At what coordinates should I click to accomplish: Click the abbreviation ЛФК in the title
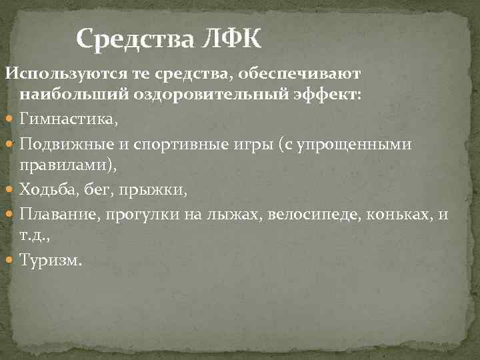(x=229, y=40)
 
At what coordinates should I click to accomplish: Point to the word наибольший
(x=63, y=95)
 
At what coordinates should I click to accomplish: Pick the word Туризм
(x=50, y=261)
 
